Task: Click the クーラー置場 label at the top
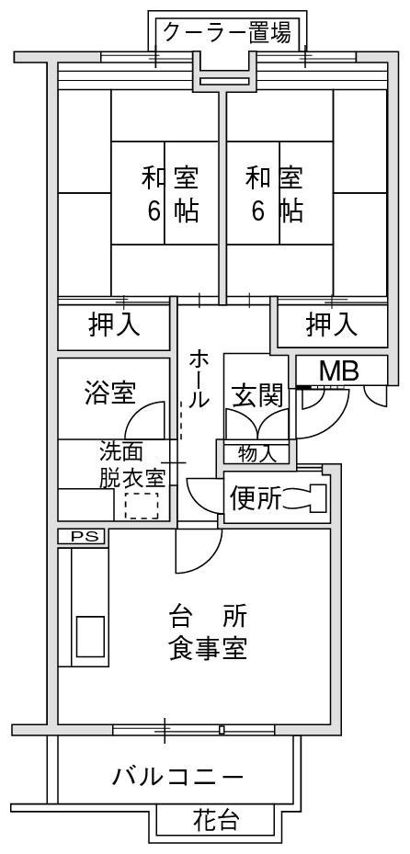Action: click(x=228, y=33)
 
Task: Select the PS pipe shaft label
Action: click(x=81, y=537)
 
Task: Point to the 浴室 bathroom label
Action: click(x=110, y=393)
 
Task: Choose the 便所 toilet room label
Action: click(x=255, y=498)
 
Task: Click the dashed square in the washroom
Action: click(x=142, y=506)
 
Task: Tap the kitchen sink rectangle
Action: click(x=90, y=637)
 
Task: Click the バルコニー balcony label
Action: click(x=178, y=777)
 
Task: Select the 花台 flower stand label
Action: click(x=216, y=820)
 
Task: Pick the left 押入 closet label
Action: click(x=114, y=325)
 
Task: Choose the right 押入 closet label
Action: click(x=332, y=325)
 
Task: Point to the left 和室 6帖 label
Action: click(x=170, y=195)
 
